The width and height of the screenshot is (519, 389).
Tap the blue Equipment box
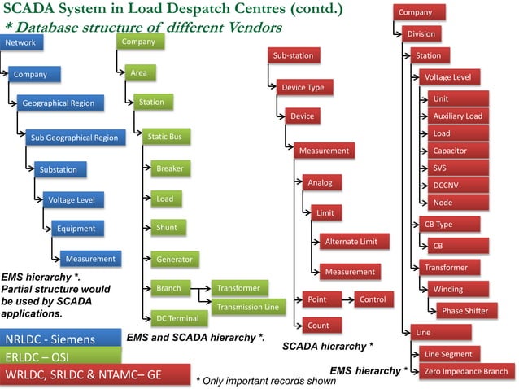(x=76, y=229)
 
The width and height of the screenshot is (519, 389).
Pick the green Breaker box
(x=170, y=168)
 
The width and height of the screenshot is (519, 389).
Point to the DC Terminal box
(x=177, y=317)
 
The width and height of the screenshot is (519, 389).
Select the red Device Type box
(x=303, y=87)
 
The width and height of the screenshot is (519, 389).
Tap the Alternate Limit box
(x=351, y=242)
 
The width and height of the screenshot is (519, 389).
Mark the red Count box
(x=318, y=326)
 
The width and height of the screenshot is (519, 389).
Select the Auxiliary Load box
(x=458, y=116)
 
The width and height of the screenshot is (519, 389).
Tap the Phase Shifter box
(x=464, y=310)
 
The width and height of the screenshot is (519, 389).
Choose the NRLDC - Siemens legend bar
(x=61, y=339)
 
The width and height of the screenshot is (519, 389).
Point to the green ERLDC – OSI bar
(x=61, y=357)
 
